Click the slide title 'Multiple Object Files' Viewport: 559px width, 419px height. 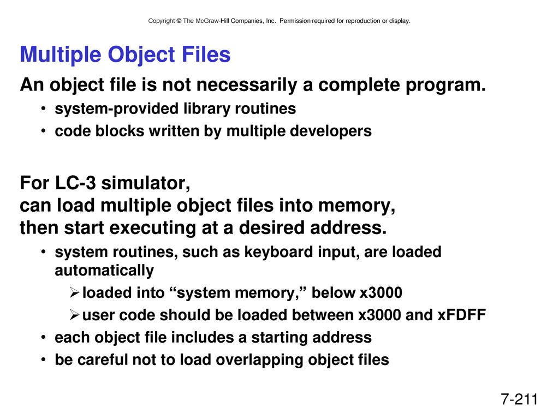click(125, 55)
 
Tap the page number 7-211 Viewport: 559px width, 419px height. click(519, 399)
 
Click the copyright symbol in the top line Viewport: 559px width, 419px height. click(179, 21)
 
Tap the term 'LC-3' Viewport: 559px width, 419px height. click(75, 183)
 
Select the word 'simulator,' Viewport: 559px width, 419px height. click(145, 183)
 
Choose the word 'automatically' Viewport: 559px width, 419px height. click(104, 271)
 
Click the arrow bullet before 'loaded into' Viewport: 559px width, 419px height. click(74, 293)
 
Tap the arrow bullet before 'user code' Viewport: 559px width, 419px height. click(74, 315)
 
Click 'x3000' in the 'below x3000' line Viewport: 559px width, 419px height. click(380, 293)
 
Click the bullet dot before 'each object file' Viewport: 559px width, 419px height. click(43, 337)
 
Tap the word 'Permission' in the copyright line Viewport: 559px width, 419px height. click(295, 21)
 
